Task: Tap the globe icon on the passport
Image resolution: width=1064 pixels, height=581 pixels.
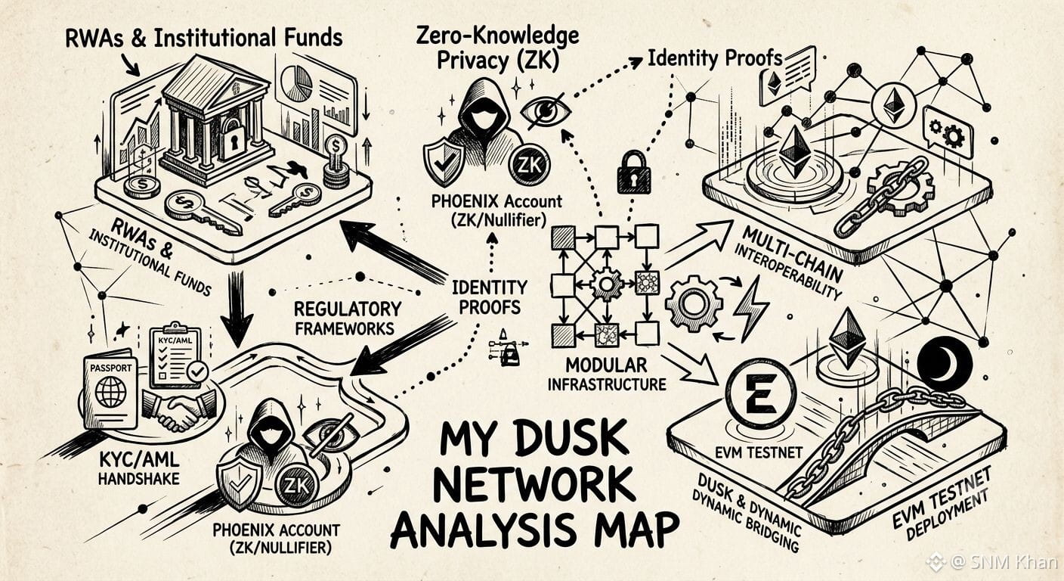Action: click(111, 391)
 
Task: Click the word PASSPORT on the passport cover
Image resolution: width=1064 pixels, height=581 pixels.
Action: click(110, 368)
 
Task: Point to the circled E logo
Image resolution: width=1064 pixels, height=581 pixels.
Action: click(760, 395)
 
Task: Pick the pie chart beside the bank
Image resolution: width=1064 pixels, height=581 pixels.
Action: click(296, 83)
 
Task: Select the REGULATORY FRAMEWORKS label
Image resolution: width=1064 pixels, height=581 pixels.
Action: click(348, 318)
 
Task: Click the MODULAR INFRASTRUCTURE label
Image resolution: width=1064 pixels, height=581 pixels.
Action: click(607, 374)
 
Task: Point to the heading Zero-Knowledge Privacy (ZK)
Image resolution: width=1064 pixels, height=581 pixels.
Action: click(497, 49)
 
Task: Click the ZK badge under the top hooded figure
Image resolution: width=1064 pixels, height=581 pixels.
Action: click(529, 165)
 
